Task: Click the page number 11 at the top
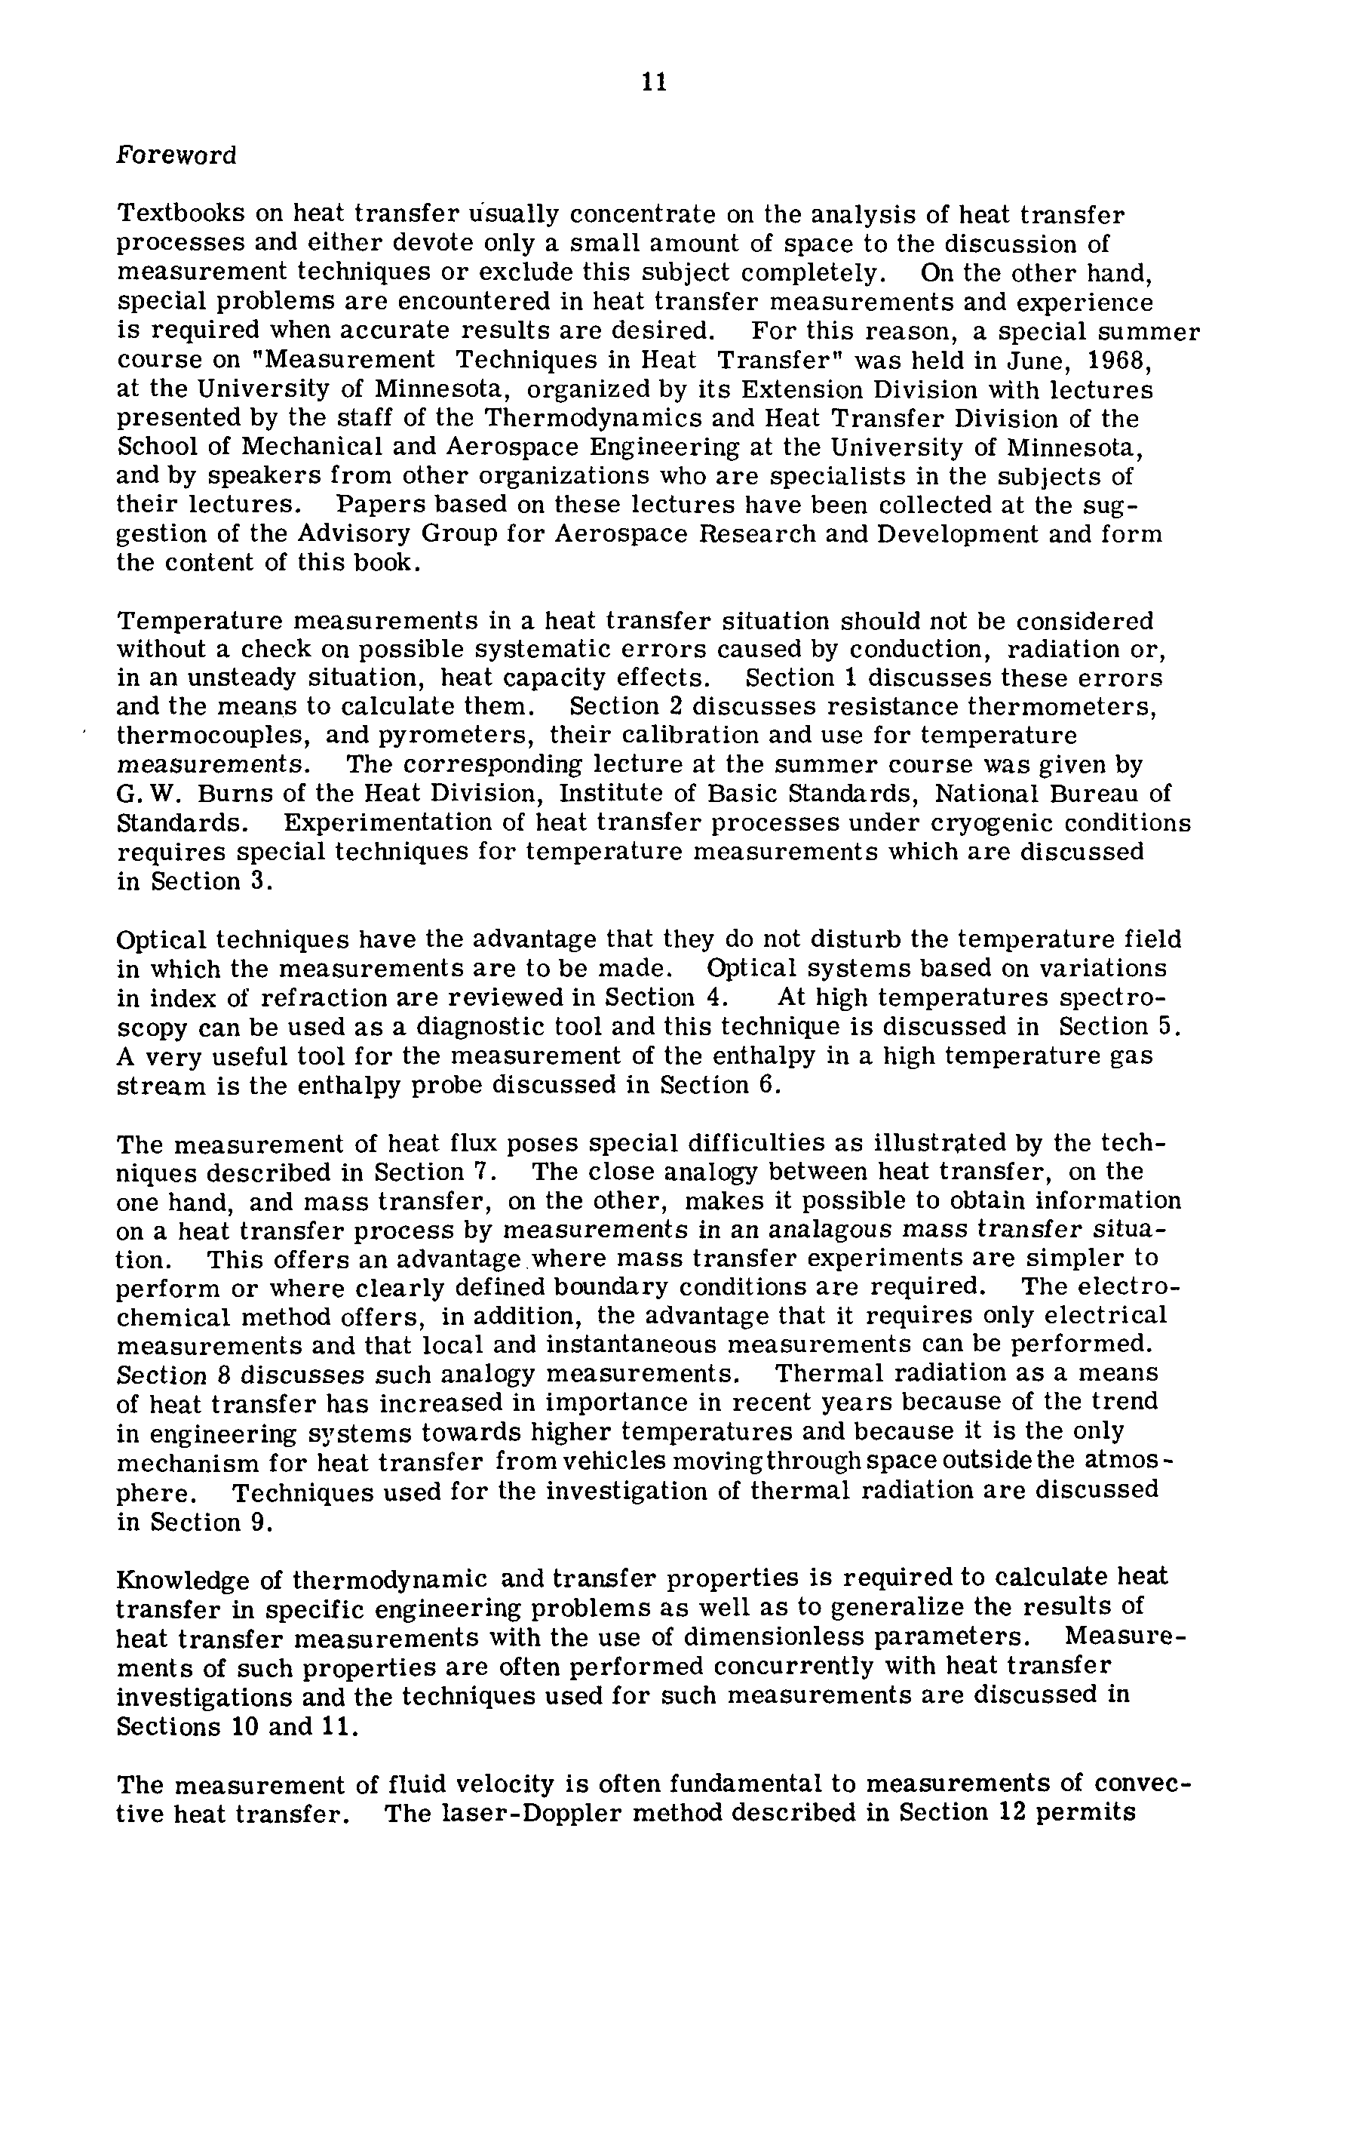[x=653, y=82]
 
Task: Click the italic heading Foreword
[x=176, y=156]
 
